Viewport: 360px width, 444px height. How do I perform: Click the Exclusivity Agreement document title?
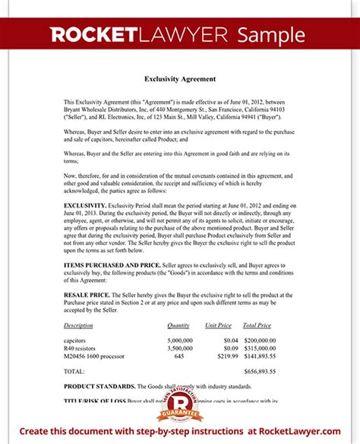(180, 79)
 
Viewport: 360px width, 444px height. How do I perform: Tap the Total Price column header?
(259, 325)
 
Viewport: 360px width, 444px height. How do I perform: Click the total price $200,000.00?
(261, 341)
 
